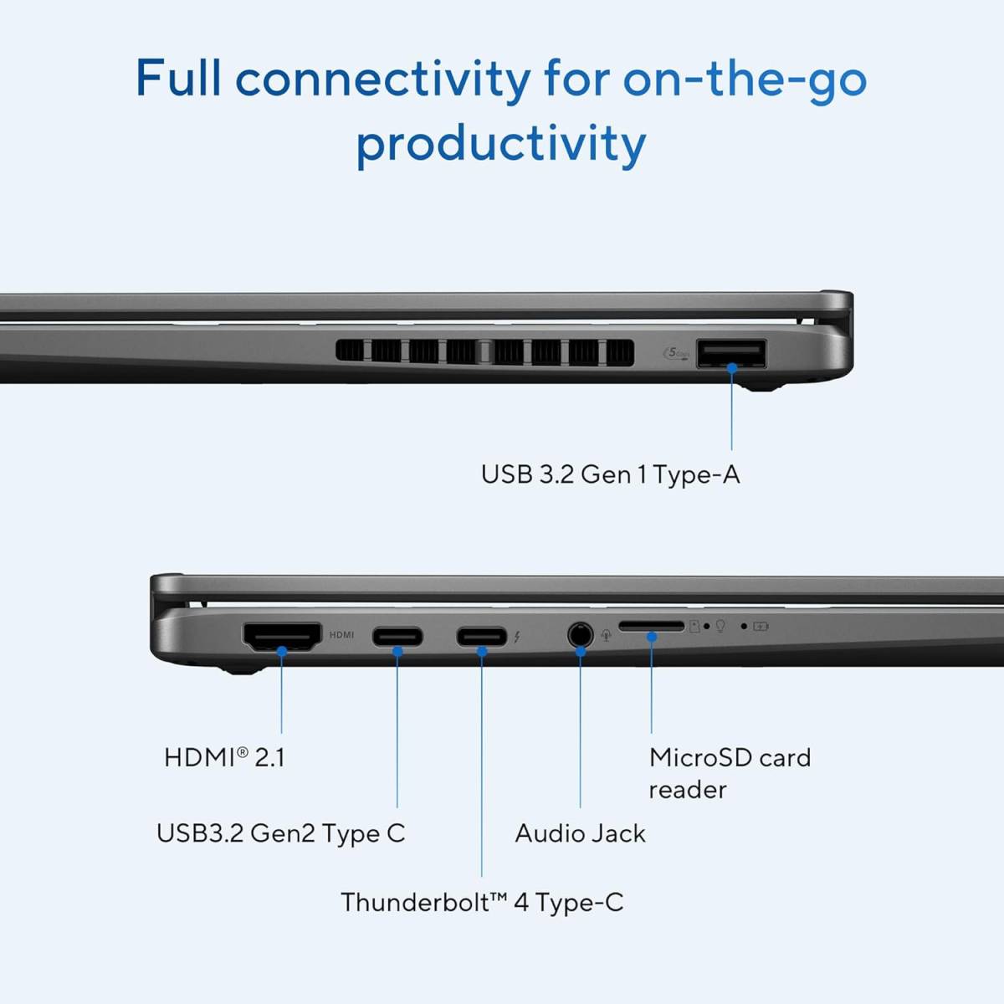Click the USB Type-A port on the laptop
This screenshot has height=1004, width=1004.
tap(731, 353)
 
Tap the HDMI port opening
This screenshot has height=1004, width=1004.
tap(282, 636)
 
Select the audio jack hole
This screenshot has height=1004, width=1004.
tap(580, 635)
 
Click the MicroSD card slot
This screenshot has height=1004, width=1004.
tap(651, 627)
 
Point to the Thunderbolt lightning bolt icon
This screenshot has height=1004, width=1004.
tap(517, 636)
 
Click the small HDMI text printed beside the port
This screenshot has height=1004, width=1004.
tap(341, 634)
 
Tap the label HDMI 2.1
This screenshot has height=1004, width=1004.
tap(224, 757)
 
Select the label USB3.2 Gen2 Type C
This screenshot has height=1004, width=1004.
tap(281, 832)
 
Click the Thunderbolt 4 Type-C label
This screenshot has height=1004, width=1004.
tap(482, 902)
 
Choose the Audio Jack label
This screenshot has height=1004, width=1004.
tap(581, 832)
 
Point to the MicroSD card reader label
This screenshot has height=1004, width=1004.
tap(730, 774)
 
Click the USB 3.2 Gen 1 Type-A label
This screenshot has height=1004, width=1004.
tap(610, 474)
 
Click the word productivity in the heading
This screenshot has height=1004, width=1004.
tap(501, 144)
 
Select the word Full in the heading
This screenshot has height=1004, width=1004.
tap(178, 77)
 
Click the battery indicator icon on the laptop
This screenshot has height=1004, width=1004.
tap(761, 627)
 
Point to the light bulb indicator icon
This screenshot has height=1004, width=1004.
tap(720, 626)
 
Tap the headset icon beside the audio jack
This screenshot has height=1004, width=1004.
tap(606, 636)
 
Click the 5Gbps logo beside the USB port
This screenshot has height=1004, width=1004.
tap(676, 353)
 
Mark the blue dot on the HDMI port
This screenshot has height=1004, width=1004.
tap(282, 651)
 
